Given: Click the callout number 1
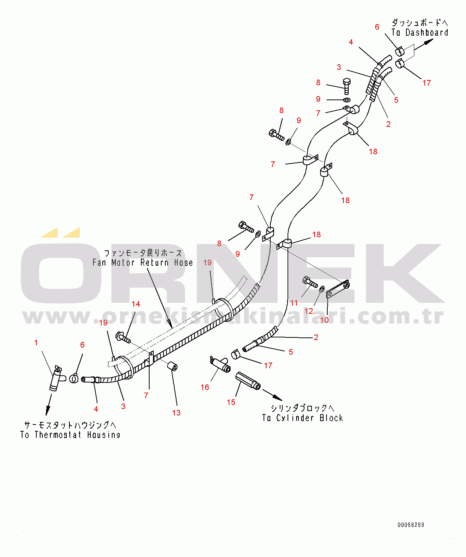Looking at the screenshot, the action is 36,343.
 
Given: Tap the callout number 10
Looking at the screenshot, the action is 324,320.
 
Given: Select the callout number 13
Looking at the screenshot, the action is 176,413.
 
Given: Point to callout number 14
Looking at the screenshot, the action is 136,304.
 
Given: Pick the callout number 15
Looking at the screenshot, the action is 231,402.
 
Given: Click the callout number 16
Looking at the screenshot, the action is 205,387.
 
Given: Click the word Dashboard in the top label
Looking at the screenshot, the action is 427,33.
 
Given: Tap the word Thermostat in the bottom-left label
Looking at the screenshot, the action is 58,435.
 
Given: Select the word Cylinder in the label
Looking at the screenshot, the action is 295,418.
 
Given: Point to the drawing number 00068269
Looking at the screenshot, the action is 411,525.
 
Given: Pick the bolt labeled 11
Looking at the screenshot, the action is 310,282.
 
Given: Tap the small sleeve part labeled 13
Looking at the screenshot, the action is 172,366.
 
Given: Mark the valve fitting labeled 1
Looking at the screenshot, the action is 56,379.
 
